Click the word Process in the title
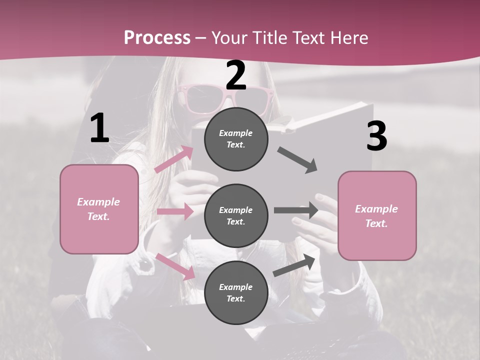(x=157, y=38)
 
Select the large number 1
(x=99, y=128)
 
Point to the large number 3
(x=376, y=136)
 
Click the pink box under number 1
(x=99, y=209)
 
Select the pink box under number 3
(x=377, y=215)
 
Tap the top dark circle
(x=236, y=139)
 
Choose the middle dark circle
(x=236, y=215)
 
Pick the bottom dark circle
(x=236, y=292)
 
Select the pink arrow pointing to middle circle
(x=174, y=211)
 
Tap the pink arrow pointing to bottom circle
(x=175, y=266)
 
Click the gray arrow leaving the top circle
(x=297, y=160)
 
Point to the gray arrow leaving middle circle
(x=295, y=210)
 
